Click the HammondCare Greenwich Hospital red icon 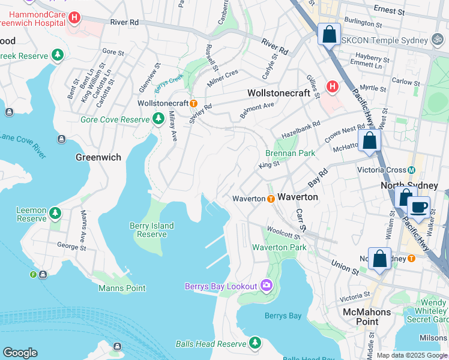[x=74, y=18]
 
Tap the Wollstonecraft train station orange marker [x=194, y=103]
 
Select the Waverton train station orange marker [x=271, y=199]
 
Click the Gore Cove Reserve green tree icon [x=158, y=119]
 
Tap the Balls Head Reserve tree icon [x=255, y=343]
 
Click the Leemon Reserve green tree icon [x=55, y=213]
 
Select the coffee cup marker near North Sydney [x=418, y=208]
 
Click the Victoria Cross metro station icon [x=412, y=170]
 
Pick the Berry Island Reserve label [x=152, y=230]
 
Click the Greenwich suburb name [x=98, y=157]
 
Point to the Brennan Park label [x=291, y=153]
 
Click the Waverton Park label [x=279, y=247]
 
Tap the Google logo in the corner [x=20, y=353]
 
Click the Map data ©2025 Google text [x=411, y=355]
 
